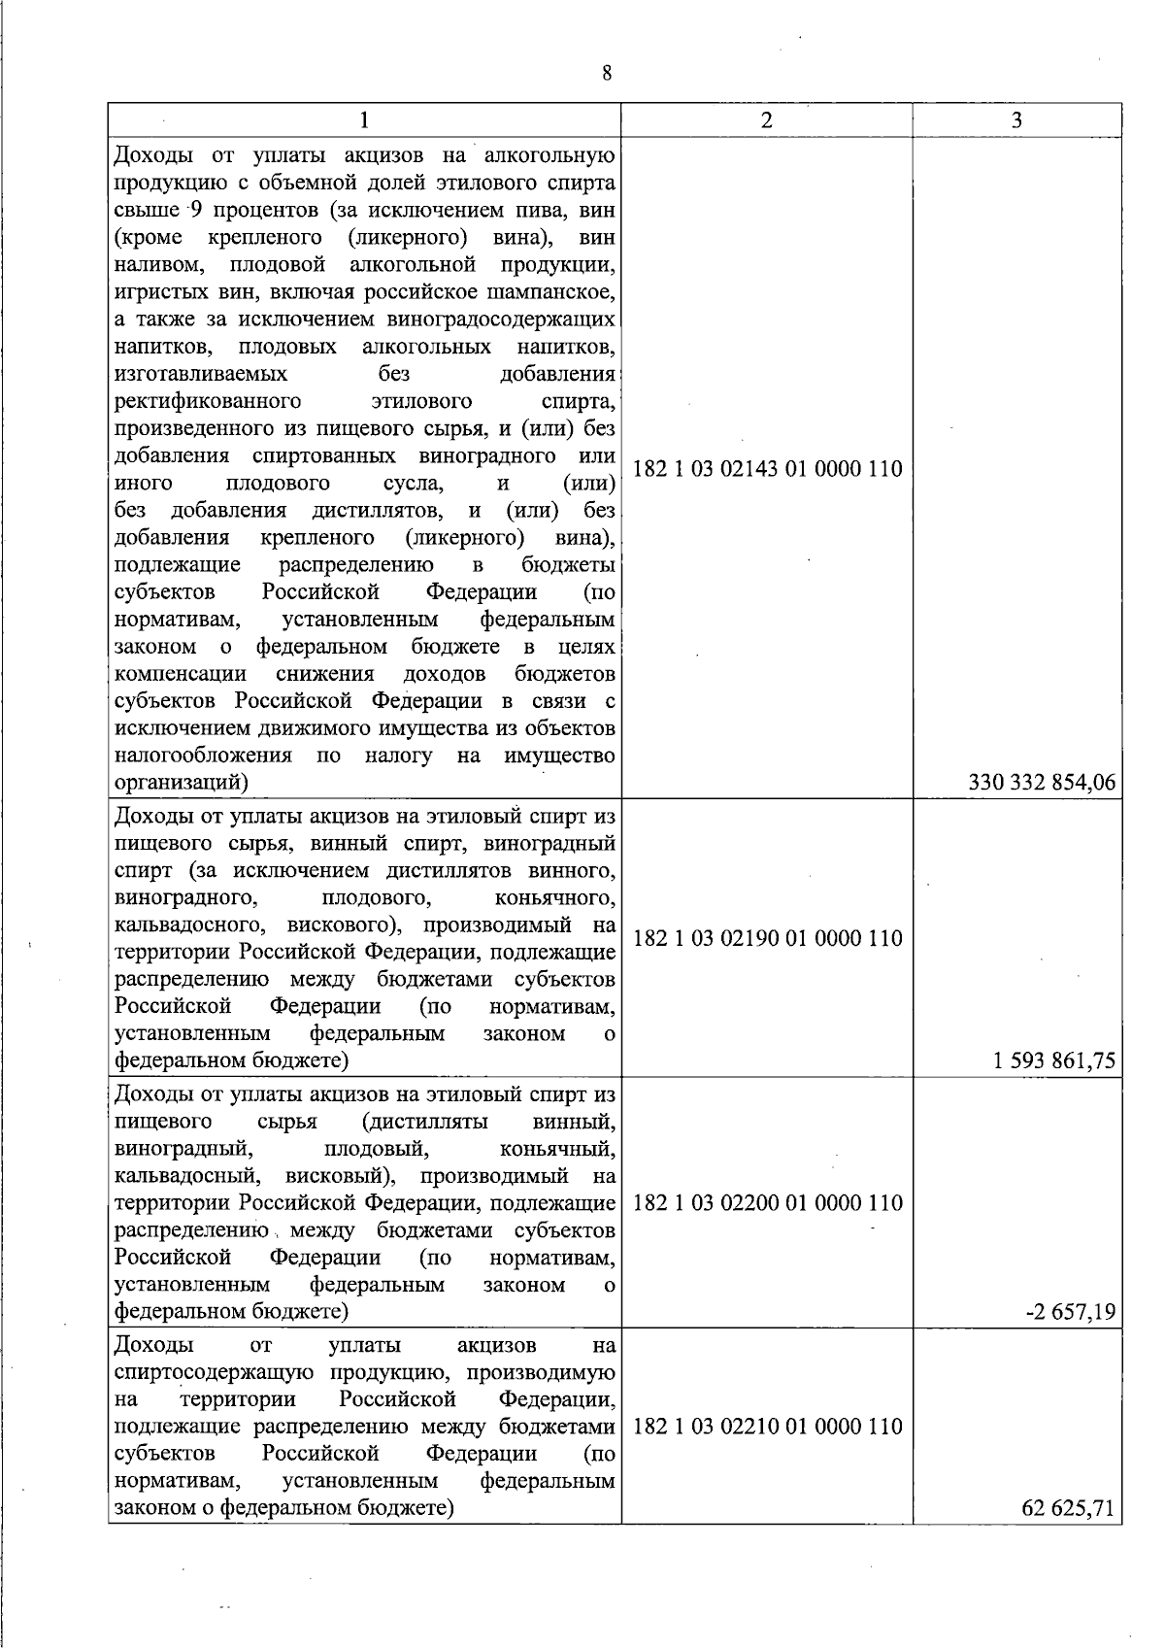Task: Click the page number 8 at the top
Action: pyautogui.click(x=607, y=73)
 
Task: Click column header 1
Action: pyautogui.click(x=364, y=120)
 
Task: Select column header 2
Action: pyautogui.click(x=767, y=120)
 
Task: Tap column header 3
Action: pyautogui.click(x=1015, y=120)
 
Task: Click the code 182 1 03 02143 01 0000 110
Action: pyautogui.click(x=767, y=469)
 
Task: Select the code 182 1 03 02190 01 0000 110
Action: pyautogui.click(x=767, y=938)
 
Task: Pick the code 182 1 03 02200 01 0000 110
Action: pyautogui.click(x=767, y=1203)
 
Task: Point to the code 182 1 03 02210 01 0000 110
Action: pyautogui.click(x=767, y=1427)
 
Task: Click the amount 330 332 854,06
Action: pyautogui.click(x=1042, y=783)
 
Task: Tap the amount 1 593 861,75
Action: pyautogui.click(x=1054, y=1061)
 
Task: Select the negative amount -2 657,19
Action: pyautogui.click(x=1071, y=1313)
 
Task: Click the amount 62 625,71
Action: pyautogui.click(x=1067, y=1536)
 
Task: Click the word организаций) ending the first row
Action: pyautogui.click(x=181, y=782)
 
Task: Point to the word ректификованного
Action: pyautogui.click(x=207, y=401)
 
